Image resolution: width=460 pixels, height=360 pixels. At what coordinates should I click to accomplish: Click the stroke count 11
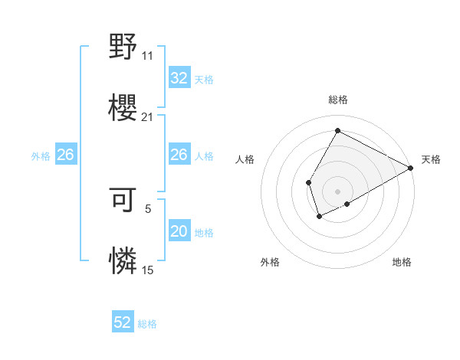coord(147,56)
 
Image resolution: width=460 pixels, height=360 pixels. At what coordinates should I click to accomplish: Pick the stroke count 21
coord(147,117)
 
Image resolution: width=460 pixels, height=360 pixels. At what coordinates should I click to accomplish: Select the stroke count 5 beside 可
coord(147,208)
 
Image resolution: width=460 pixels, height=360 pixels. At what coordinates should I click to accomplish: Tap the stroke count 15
coord(147,270)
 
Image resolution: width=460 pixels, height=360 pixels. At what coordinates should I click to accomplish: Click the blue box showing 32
coord(179,78)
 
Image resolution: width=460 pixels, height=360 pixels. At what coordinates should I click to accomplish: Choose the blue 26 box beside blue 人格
coord(179,155)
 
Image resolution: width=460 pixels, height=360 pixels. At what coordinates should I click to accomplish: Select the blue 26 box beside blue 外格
coord(65,155)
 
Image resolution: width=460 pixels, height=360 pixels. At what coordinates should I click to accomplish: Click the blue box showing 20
coord(179,231)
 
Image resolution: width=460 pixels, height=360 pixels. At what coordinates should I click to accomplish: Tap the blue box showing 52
coord(123,322)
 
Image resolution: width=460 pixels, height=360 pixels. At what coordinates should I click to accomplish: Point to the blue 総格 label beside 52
coord(147,324)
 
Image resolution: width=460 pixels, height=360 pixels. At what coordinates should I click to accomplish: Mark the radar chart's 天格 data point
coord(412,168)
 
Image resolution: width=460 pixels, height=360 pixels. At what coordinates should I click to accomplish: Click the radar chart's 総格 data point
coord(337,130)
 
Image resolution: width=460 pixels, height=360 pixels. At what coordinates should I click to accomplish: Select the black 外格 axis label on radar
coord(270,262)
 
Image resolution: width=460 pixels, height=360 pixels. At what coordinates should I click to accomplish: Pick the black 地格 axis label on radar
coord(402,262)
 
